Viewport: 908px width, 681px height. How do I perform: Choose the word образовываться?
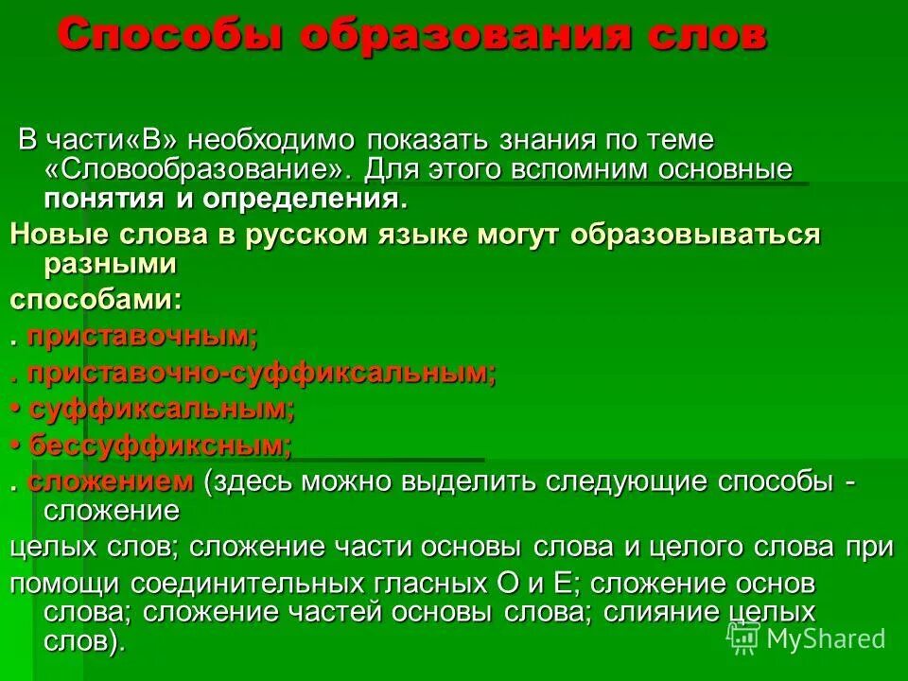695,235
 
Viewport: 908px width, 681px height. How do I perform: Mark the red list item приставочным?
141,336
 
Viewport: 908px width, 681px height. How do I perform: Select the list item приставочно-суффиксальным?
261,373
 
